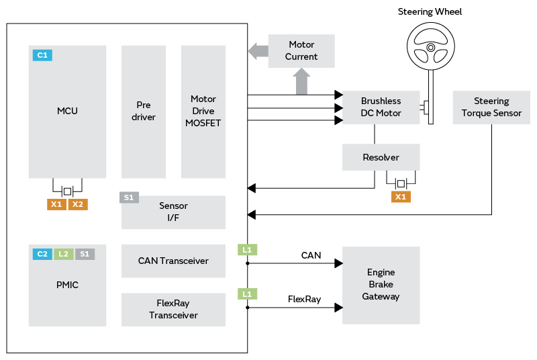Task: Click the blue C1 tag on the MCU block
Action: point(42,55)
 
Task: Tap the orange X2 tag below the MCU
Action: point(78,204)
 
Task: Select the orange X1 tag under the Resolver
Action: point(401,197)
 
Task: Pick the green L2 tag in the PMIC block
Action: point(64,254)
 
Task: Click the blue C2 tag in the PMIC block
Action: point(42,254)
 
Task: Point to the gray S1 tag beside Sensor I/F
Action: point(130,197)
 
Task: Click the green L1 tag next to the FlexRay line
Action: point(248,294)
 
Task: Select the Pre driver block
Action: point(143,111)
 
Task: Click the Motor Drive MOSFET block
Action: point(203,111)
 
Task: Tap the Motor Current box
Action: point(301,50)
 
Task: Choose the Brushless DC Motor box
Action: point(381,107)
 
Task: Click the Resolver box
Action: point(381,157)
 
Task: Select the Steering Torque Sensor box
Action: point(491,107)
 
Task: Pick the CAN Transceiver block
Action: point(173,261)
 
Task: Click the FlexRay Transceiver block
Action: point(173,310)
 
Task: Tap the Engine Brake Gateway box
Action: point(381,285)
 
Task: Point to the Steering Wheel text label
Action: point(430,11)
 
